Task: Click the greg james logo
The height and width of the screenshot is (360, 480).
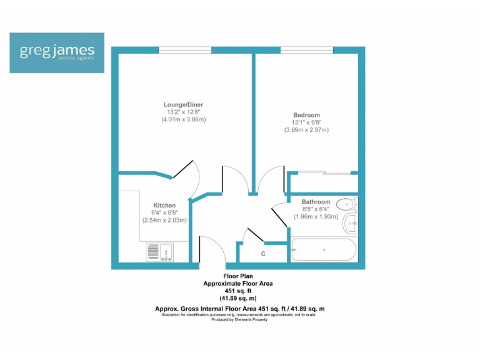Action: click(57, 52)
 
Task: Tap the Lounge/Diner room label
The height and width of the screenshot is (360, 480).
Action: click(183, 104)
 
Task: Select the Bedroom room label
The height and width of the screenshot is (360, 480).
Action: click(306, 115)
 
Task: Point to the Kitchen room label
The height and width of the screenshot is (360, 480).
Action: click(164, 205)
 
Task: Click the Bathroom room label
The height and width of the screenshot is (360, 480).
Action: click(316, 202)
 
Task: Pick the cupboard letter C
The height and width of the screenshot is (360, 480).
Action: click(263, 254)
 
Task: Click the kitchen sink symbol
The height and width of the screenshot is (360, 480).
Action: click(161, 252)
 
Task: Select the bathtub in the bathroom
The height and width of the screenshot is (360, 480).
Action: click(324, 250)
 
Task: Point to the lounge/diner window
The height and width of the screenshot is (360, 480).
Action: click(184, 49)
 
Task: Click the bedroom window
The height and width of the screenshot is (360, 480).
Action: click(306, 49)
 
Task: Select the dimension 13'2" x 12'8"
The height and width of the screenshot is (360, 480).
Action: click(183, 112)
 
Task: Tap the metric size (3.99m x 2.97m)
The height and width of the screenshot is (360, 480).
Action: click(306, 130)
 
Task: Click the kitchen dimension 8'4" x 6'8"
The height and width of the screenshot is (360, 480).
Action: click(164, 212)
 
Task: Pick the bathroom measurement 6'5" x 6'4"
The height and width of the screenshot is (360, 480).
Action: click(315, 209)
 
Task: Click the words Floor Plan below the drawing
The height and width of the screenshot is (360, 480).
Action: click(238, 276)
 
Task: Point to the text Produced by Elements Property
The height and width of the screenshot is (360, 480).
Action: click(239, 319)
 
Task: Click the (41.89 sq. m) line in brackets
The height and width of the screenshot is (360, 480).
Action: click(238, 298)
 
